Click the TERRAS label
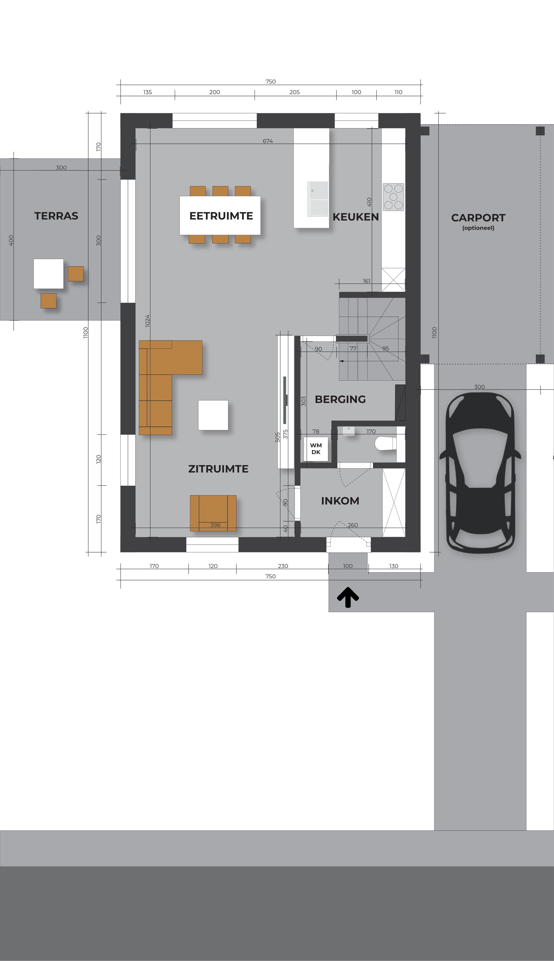pyautogui.click(x=56, y=216)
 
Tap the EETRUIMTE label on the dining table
pyautogui.click(x=221, y=216)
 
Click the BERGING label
pyautogui.click(x=340, y=399)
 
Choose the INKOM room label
pyautogui.click(x=340, y=501)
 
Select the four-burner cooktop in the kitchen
pyautogui.click(x=394, y=197)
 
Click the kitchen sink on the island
pyautogui.click(x=318, y=199)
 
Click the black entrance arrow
pyautogui.click(x=348, y=597)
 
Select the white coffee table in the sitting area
pyautogui.click(x=213, y=415)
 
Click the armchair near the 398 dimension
pyautogui.click(x=213, y=513)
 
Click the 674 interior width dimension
pyautogui.click(x=268, y=141)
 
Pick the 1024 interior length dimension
pyautogui.click(x=148, y=321)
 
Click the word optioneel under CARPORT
pyautogui.click(x=478, y=228)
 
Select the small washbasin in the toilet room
pyautogui.click(x=349, y=430)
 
